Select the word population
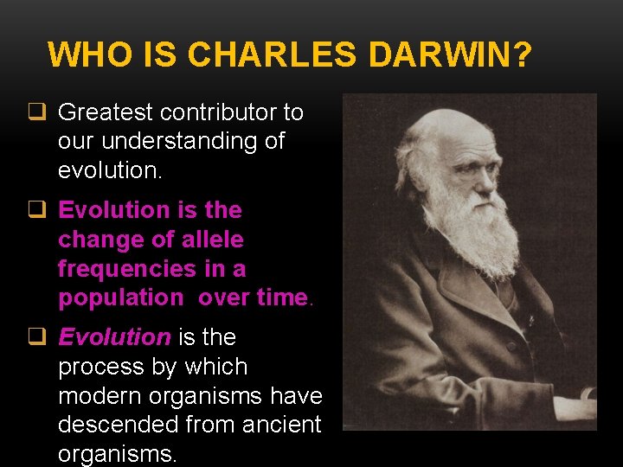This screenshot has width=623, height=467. coord(120,297)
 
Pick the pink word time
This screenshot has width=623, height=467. coord(282,297)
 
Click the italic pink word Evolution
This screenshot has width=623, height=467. coord(114,336)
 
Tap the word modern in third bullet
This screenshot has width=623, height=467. coord(101,396)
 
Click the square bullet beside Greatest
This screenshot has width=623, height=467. coord(37,112)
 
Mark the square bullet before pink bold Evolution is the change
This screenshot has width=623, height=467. coord(37,210)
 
